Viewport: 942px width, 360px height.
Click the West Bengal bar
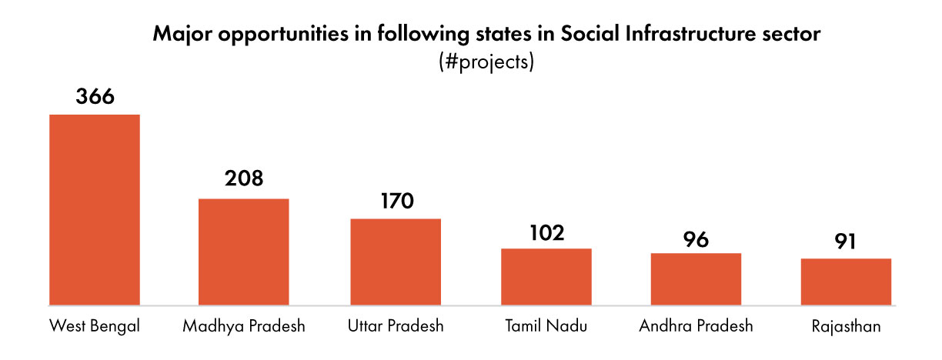(x=95, y=209)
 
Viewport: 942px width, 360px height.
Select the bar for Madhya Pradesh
(x=244, y=252)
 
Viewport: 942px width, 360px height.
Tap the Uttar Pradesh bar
(x=396, y=262)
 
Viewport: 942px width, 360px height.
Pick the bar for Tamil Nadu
(x=546, y=276)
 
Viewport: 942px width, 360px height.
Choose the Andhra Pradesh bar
(x=696, y=278)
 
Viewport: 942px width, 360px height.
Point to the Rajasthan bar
(x=846, y=282)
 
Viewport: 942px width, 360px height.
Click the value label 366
(x=95, y=98)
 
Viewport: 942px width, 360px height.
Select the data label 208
(x=244, y=179)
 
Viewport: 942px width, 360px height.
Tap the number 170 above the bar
(x=396, y=201)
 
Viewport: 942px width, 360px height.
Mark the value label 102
(x=546, y=232)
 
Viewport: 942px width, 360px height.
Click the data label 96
(x=696, y=238)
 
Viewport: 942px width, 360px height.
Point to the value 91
(x=846, y=242)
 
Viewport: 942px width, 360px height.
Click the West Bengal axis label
(x=95, y=326)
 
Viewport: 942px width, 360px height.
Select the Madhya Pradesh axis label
(x=244, y=326)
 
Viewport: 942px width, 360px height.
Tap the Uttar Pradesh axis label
(x=396, y=326)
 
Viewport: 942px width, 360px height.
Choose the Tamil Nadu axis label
(x=546, y=326)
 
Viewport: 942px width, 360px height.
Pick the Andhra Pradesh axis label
(x=696, y=326)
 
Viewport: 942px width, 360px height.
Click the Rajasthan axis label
(x=846, y=326)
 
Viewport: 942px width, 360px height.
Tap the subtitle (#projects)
(x=485, y=62)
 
